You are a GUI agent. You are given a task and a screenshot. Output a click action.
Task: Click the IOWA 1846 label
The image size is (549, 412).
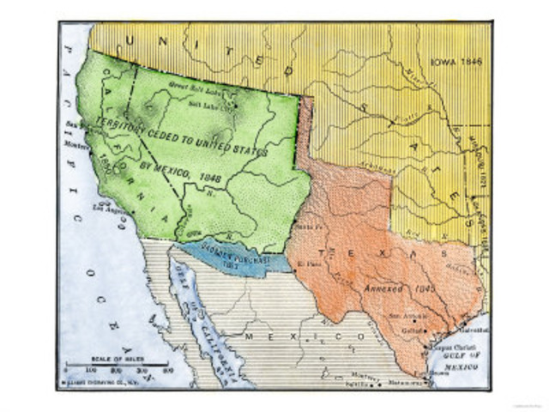455,63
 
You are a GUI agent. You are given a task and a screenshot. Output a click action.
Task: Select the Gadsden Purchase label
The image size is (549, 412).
233,257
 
